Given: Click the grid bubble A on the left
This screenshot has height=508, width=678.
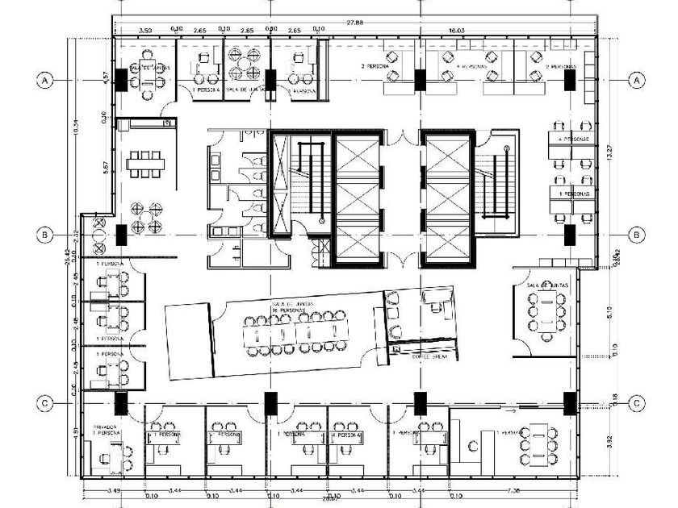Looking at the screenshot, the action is coord(46,80).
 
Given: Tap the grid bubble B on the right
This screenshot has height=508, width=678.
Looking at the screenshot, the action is coord(638,235).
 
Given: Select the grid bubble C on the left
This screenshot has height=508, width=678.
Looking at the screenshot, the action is coord(46,402).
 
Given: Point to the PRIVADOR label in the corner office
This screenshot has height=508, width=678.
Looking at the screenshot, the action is coord(106,427).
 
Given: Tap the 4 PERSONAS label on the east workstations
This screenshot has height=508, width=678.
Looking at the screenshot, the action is coord(571,139).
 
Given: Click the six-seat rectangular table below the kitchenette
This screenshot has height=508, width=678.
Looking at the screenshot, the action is coord(145,164).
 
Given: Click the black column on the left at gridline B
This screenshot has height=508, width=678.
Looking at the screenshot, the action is coord(120,235).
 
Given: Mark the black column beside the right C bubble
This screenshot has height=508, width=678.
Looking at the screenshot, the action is coord(570,402).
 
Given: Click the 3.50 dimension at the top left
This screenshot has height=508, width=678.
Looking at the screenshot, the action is coord(145,30).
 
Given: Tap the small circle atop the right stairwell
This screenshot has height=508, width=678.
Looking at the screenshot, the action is coord(506,149).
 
